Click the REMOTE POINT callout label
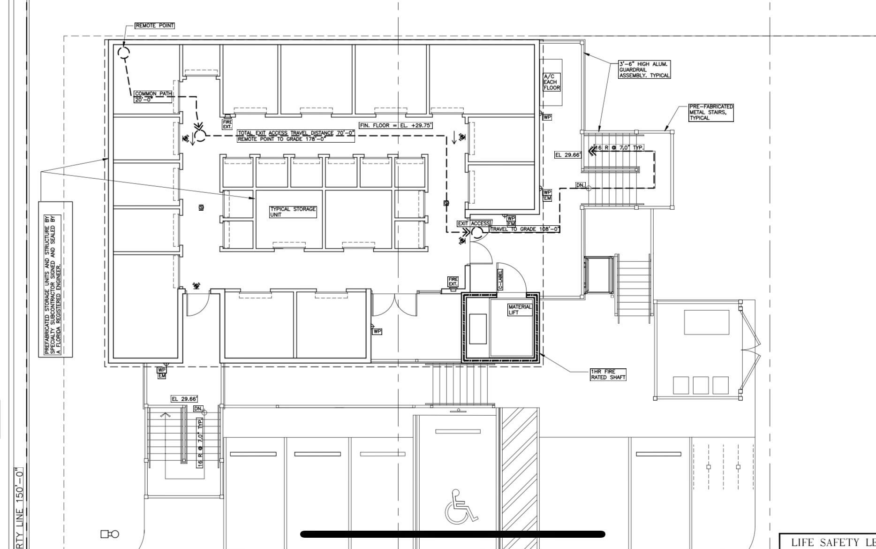[x=155, y=25]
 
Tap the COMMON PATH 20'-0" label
[x=153, y=97]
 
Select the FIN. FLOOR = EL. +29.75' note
[x=396, y=125]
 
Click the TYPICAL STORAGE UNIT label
[x=293, y=212]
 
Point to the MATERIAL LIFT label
[x=520, y=309]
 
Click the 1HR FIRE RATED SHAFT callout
[x=608, y=374]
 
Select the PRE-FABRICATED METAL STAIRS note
[x=710, y=113]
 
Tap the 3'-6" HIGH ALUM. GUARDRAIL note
[x=644, y=69]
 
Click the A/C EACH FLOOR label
[x=551, y=82]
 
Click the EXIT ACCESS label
[x=474, y=223]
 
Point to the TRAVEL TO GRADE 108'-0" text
[x=525, y=229]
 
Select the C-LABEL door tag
[x=500, y=279]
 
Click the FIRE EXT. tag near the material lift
[x=453, y=282]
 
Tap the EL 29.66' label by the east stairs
[x=568, y=155]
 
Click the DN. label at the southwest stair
[x=198, y=409]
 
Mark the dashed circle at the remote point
[x=124, y=53]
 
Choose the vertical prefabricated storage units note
[x=55, y=279]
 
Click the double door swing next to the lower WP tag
[x=394, y=305]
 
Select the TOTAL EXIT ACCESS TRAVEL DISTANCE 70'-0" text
[x=296, y=133]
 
